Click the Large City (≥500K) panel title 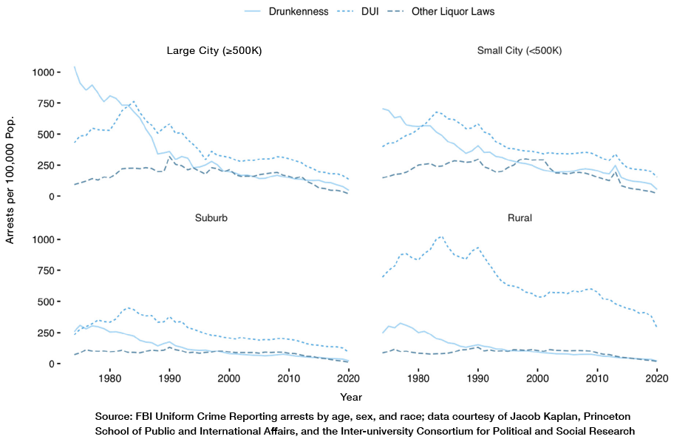coord(214,51)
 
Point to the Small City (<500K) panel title coord(520,51)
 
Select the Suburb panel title coord(214,219)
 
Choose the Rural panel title coord(520,219)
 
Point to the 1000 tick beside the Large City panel coord(43,72)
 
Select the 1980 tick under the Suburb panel coord(110,376)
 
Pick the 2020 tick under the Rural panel coord(656,376)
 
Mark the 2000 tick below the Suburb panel coord(229,376)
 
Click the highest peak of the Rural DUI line coord(440,237)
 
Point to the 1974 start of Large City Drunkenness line coord(74,67)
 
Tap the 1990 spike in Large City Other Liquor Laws coord(170,157)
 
